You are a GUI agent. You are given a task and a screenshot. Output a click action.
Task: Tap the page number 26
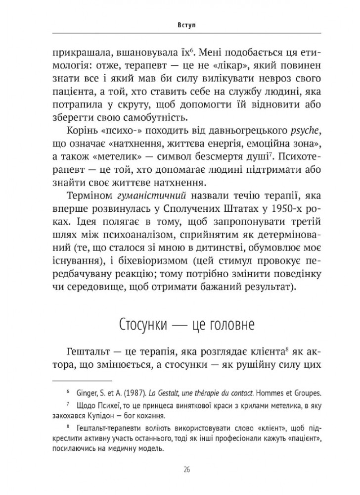180,469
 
